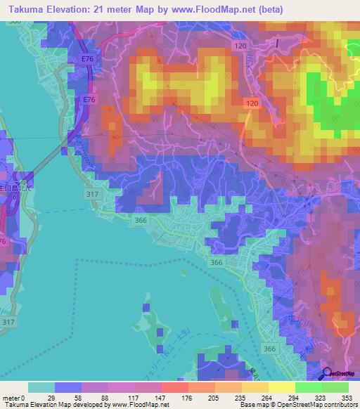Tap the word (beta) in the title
pyautogui.click(x=273, y=8)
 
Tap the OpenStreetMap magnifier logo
pyautogui.click(x=328, y=374)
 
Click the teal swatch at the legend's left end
pyautogui.click(x=41, y=387)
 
